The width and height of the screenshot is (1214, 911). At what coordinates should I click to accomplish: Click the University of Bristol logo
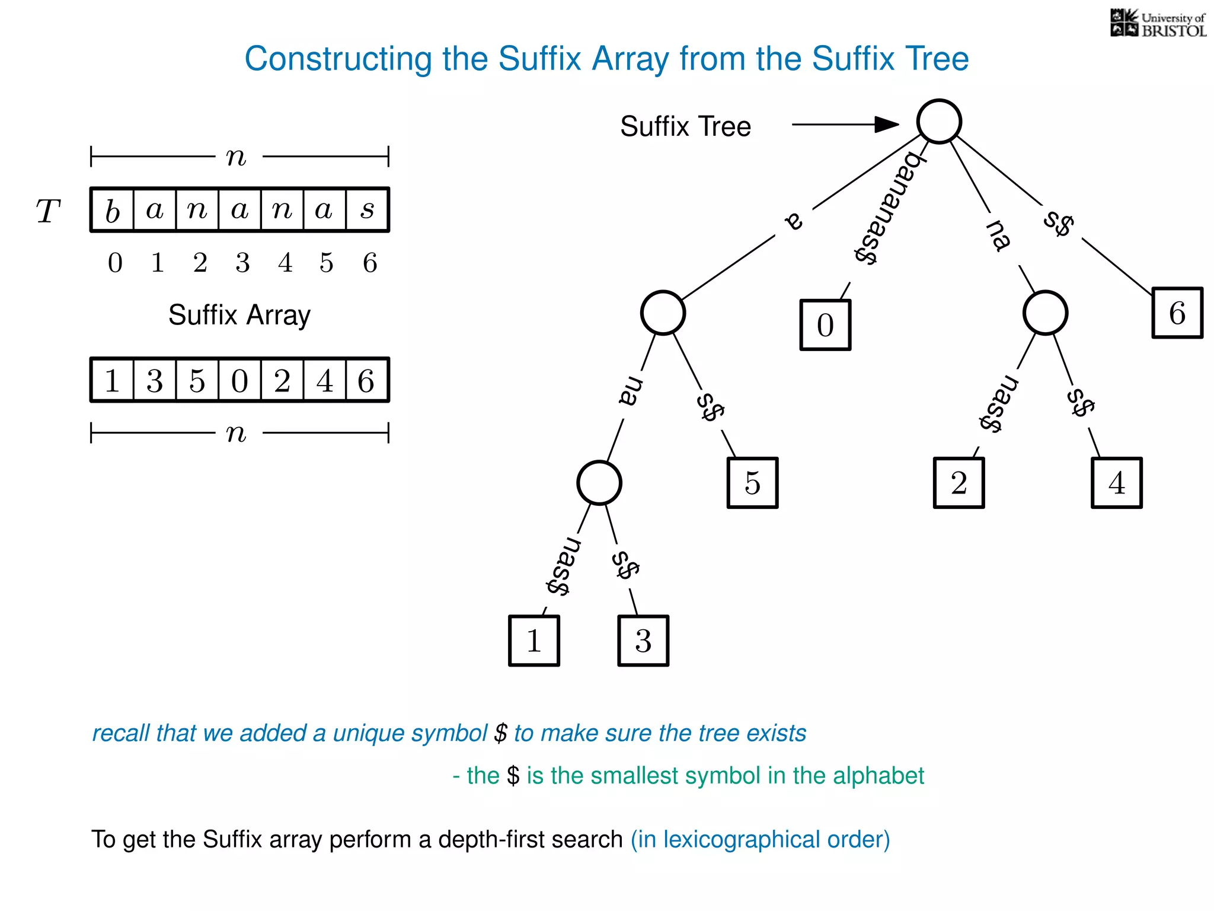1158,24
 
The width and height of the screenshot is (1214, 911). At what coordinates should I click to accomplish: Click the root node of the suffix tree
938,122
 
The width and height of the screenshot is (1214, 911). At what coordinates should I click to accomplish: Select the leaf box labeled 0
825,325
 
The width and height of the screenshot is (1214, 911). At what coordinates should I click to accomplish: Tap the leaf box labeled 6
1177,313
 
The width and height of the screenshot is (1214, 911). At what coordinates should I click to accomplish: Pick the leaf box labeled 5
752,483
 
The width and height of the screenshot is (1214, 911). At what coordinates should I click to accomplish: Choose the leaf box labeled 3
643,641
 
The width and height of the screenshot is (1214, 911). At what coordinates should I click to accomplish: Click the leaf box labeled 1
533,641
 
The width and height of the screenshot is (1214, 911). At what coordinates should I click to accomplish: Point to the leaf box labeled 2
959,483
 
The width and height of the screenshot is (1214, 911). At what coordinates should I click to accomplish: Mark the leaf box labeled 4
1116,483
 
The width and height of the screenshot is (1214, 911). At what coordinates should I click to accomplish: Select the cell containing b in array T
113,210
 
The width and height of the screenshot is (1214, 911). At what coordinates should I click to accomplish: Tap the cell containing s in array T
367,210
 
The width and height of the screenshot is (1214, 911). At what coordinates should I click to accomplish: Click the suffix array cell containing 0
239,380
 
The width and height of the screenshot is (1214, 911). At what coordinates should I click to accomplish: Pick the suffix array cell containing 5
197,380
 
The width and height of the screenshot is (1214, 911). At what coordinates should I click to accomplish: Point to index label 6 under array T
370,263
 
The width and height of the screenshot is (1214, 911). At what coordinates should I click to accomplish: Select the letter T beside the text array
48,211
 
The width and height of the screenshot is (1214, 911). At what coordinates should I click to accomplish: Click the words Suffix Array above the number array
239,315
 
